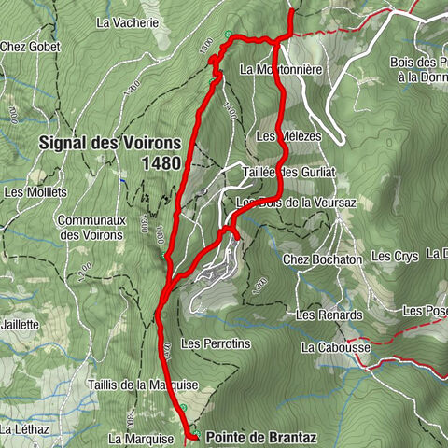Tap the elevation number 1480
pyautogui.click(x=161, y=163)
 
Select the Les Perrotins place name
pyautogui.click(x=217, y=343)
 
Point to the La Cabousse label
pyautogui.click(x=336, y=347)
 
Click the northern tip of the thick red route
pyautogui.click(x=291, y=11)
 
